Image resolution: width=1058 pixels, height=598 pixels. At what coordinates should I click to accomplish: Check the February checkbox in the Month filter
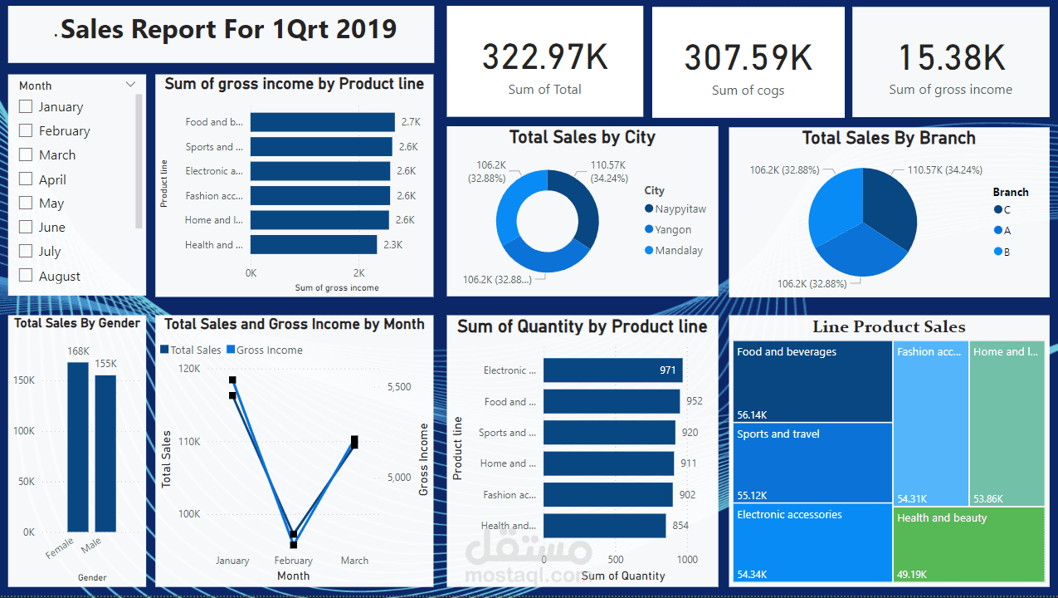click(x=26, y=130)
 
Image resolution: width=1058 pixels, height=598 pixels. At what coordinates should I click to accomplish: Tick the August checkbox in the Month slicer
click(x=26, y=276)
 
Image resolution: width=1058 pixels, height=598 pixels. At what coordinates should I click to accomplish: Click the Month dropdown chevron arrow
click(x=130, y=85)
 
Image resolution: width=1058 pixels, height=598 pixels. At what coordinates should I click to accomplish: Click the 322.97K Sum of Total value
click(x=544, y=57)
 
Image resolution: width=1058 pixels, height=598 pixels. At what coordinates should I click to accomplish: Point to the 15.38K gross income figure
click(x=951, y=57)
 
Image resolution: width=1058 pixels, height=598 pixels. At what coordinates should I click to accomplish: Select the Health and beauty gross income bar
click(x=313, y=244)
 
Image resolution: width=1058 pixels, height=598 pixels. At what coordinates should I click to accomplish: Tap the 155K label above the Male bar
click(x=105, y=364)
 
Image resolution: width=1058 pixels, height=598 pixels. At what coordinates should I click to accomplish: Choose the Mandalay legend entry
click(x=678, y=251)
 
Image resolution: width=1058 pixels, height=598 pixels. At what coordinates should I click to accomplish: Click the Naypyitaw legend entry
click(x=680, y=209)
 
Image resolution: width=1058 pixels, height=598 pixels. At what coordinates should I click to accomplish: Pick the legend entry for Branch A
click(x=1006, y=231)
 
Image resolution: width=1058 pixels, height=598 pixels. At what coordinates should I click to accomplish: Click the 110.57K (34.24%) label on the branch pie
click(x=944, y=170)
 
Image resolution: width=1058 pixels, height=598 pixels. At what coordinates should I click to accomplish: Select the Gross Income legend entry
click(x=269, y=350)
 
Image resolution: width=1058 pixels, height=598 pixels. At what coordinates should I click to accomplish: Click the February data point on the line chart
click(x=294, y=540)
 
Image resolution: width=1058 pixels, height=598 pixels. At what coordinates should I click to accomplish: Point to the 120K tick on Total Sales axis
click(x=189, y=369)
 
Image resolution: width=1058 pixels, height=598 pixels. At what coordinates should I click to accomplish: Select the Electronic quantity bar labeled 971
click(x=612, y=370)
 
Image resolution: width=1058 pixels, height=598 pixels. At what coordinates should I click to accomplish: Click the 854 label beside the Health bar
click(x=680, y=526)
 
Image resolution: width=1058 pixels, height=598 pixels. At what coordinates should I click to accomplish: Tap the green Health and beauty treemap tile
click(x=968, y=544)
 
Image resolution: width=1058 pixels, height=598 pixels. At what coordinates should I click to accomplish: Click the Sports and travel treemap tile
click(x=813, y=463)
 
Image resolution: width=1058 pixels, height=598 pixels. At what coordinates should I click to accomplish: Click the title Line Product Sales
click(x=889, y=327)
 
